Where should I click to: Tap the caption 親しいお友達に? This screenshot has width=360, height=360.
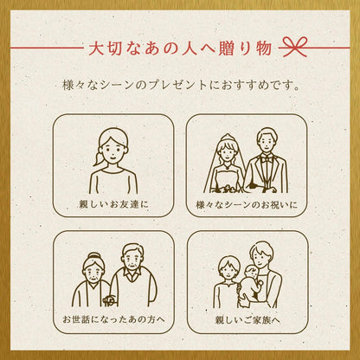[x=114, y=204]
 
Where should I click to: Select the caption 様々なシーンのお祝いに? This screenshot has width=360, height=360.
[x=247, y=205]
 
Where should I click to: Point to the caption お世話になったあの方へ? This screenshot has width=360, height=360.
[x=113, y=319]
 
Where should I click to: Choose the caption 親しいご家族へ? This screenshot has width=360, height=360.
[x=247, y=320]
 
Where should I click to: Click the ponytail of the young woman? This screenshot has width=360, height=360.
[x=99, y=158]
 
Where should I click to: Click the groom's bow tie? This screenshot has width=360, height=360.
[x=267, y=158]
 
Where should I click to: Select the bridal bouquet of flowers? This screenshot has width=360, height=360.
[x=228, y=189]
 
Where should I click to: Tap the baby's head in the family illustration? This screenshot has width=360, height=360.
[x=251, y=273]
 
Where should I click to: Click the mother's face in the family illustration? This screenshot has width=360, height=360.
[x=228, y=270]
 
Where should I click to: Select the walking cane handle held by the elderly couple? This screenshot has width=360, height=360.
[x=109, y=300]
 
